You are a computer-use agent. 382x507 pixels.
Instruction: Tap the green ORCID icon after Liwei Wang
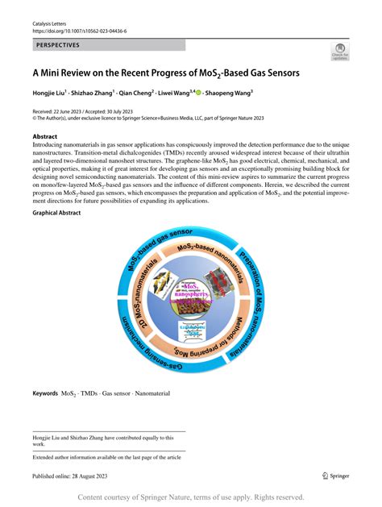pyautogui.click(x=198, y=93)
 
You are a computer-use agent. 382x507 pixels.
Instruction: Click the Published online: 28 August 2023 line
pyautogui.click(x=81, y=476)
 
